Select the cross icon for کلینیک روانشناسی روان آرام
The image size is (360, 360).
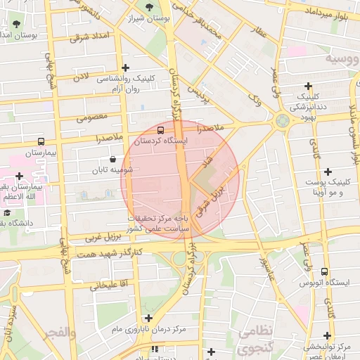pos(126,68)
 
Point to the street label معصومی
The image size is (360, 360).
pos(91,117)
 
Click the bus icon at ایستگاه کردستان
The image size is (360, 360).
pos(162,130)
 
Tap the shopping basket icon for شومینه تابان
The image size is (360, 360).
pos(113,159)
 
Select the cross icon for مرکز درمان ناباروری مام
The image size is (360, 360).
pos(149,318)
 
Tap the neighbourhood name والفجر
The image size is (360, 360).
pos(58,332)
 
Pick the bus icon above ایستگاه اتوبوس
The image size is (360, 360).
pos(324,271)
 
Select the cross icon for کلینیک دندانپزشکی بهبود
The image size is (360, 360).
pos(309,85)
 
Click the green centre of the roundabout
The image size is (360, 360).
pos(282,120)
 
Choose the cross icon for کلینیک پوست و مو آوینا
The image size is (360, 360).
pos(328,172)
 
